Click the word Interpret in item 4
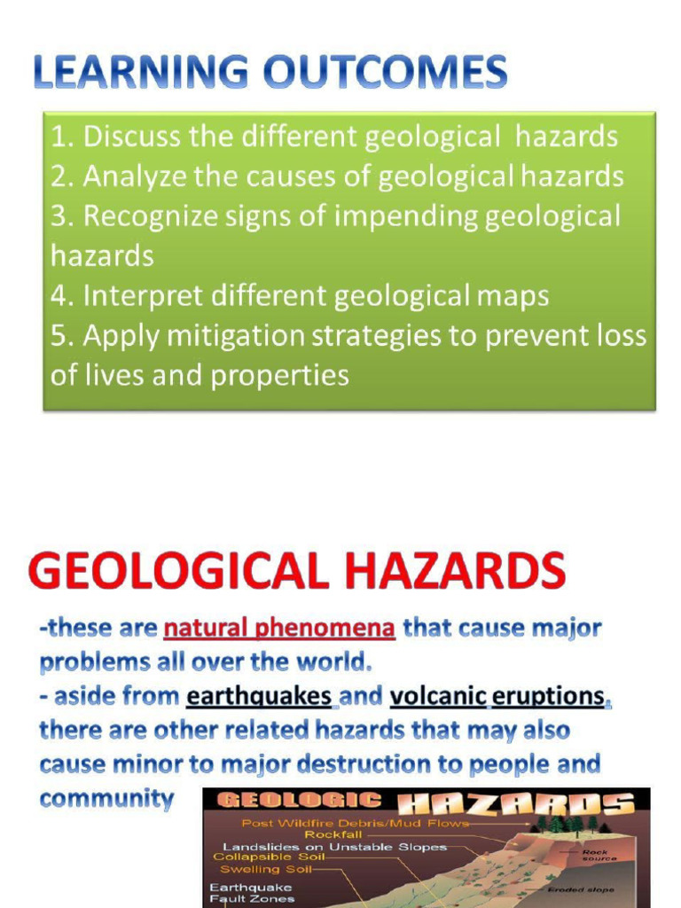(137, 296)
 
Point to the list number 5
(60, 336)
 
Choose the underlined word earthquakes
(259, 696)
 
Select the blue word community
(106, 798)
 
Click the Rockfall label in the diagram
(334, 834)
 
